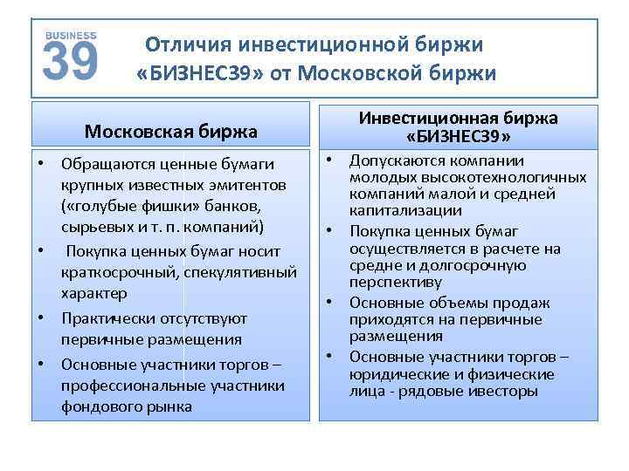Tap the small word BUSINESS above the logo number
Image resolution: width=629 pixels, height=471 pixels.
tap(70, 34)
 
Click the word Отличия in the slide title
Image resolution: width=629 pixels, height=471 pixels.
tap(184, 44)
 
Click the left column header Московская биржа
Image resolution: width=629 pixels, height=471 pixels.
tap(171, 132)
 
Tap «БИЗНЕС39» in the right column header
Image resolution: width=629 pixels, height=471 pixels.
tap(459, 137)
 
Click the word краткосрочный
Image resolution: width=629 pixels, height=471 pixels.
tap(120, 271)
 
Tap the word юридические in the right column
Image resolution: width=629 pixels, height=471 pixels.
tap(393, 374)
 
